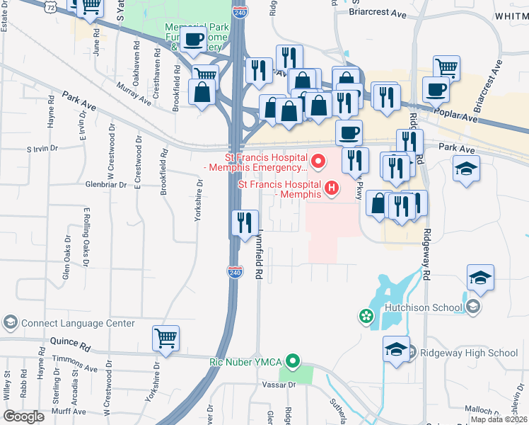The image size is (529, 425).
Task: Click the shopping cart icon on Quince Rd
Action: pos(165,338)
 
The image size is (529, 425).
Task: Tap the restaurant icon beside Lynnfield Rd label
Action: pos(244,222)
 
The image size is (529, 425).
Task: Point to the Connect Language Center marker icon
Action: pos(9,323)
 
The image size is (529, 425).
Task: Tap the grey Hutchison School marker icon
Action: pos(473,307)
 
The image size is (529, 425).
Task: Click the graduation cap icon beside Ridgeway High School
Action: pos(395,348)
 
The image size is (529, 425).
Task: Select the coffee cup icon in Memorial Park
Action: pos(192,40)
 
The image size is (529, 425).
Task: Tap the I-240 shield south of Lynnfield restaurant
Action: pos(235,271)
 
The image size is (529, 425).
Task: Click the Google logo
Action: pos(23,416)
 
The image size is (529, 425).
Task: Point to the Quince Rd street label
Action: pos(70,346)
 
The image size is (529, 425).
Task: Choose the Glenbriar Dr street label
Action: pos(106,184)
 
